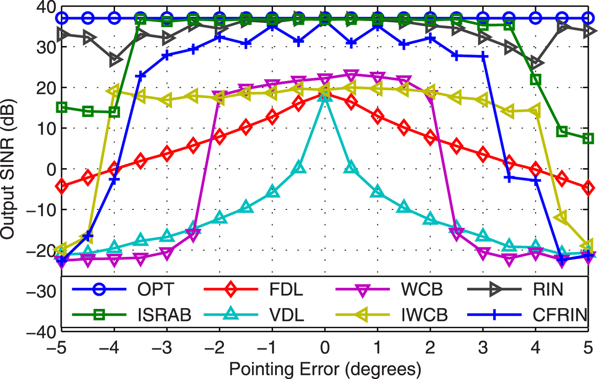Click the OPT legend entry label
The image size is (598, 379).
(155, 290)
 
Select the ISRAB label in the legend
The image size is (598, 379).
(164, 315)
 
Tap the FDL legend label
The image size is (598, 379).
(286, 290)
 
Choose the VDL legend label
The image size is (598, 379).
(287, 315)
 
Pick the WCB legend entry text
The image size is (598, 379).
(422, 290)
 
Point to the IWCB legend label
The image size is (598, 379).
(424, 315)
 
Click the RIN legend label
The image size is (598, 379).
(548, 290)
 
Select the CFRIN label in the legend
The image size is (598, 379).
(560, 315)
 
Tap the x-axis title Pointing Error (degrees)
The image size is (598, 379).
(325, 368)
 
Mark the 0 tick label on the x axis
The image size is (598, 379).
(325, 347)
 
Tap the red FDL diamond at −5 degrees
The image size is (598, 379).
(62, 186)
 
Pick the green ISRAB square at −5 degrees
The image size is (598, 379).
(62, 107)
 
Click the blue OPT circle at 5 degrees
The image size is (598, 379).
(588, 18)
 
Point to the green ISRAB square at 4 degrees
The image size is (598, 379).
(536, 79)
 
